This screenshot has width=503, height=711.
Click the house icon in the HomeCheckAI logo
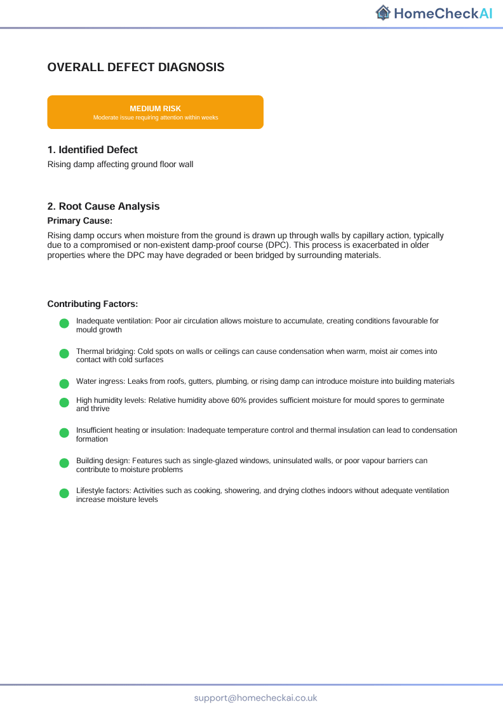tap(383, 12)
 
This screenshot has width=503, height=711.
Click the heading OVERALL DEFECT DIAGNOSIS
tap(136, 67)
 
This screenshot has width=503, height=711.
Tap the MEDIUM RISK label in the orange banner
tap(156, 109)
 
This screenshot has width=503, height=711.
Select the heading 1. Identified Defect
tap(93, 150)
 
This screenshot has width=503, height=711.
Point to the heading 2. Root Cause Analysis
tap(104, 207)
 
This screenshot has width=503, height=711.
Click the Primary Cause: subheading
tap(80, 220)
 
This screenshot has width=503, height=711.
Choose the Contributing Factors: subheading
tap(93, 304)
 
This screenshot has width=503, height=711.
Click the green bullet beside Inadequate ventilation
tap(64, 324)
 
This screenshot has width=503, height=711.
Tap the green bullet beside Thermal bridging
tap(64, 354)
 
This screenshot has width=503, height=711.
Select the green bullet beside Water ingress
tap(64, 384)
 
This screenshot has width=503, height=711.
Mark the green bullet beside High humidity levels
tap(64, 403)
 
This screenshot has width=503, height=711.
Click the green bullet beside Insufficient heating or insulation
tap(64, 433)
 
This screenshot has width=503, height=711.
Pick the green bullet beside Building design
tap(64, 463)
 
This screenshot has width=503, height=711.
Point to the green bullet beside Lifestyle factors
tap(64, 493)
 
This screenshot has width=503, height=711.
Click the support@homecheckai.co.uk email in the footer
tap(256, 698)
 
